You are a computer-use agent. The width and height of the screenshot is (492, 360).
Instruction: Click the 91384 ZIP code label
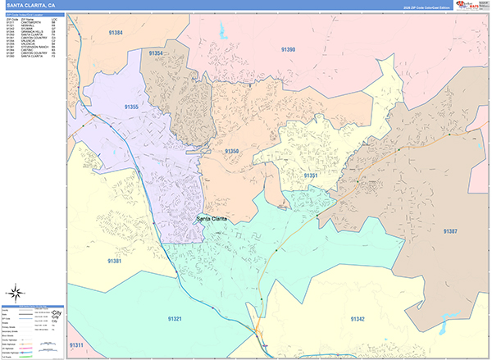pos(115,33)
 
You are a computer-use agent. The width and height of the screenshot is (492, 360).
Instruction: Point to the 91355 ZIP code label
pos(131,107)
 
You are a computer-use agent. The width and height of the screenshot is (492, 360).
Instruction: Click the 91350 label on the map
pos(232,151)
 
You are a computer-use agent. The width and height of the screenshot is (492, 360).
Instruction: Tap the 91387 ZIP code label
pos(450,231)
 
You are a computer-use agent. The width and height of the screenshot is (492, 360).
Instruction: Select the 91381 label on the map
pos(115,261)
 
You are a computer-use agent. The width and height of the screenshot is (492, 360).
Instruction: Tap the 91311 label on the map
pos(76,345)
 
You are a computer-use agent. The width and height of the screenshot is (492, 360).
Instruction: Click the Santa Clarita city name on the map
pos(212,218)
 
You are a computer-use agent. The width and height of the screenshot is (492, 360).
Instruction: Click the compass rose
pos(16,292)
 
